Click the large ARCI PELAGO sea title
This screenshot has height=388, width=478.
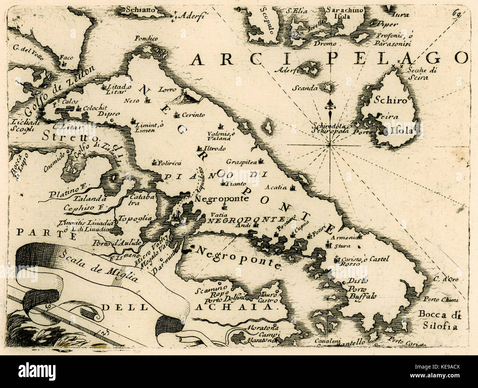pyautogui.click(x=329, y=58)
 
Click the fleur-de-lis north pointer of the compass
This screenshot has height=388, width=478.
pyautogui.click(x=330, y=105)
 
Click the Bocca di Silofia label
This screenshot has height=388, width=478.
pyautogui.click(x=436, y=319)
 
